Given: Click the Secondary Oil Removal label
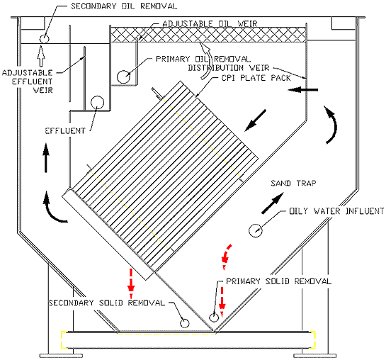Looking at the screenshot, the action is (x=124, y=6).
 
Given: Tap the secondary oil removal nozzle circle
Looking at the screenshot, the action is (x=45, y=39).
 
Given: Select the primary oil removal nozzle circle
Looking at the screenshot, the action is (x=123, y=77).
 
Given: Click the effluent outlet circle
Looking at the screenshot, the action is (x=97, y=103).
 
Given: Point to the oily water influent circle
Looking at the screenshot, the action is (x=256, y=231).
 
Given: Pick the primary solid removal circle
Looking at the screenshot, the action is (x=214, y=317).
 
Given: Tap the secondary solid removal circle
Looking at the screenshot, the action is (x=184, y=323).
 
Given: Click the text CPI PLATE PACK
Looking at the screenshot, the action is (x=256, y=78).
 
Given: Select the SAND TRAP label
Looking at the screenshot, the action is (x=293, y=184).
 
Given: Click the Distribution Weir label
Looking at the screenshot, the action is (x=229, y=67).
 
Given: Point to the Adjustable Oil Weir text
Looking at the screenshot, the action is (x=210, y=23).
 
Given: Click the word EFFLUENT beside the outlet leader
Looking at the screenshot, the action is (x=65, y=131).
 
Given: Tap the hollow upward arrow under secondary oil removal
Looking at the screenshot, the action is (x=41, y=56).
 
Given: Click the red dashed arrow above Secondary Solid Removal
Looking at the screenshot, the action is (x=131, y=283).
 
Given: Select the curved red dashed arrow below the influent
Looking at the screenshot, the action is (x=226, y=256).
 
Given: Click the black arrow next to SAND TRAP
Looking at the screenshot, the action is (x=272, y=203).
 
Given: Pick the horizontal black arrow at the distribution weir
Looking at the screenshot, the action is (x=303, y=89).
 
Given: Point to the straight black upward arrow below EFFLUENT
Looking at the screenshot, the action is (x=46, y=157).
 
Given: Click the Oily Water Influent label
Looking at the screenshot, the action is (x=336, y=211).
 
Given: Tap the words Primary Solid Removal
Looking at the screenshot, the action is (x=278, y=281).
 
